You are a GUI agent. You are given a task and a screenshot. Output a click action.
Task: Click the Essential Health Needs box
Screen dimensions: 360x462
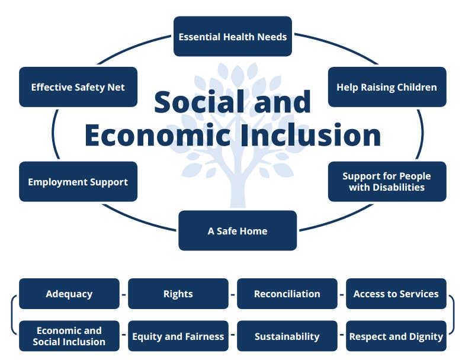tap(232, 37)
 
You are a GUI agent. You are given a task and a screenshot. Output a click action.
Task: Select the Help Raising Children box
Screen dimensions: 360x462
tap(387, 87)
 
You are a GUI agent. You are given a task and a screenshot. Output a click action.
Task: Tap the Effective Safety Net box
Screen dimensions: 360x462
tap(78, 87)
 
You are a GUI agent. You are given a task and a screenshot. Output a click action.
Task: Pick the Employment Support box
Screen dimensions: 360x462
tap(78, 182)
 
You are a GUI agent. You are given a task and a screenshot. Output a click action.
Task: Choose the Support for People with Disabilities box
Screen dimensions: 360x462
tap(387, 182)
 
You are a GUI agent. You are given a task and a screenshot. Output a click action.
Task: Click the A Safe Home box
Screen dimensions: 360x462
tap(238, 230)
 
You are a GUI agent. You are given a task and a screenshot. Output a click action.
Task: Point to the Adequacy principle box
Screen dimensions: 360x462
tap(69, 294)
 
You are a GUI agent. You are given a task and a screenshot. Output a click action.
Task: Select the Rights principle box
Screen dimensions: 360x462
tap(178, 294)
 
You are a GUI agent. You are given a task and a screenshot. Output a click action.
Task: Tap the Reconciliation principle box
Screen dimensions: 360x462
tap(287, 294)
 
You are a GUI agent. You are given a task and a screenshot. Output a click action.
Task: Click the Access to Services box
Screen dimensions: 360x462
tap(396, 294)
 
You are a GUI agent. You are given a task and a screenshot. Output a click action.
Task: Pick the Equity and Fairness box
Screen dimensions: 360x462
tap(178, 336)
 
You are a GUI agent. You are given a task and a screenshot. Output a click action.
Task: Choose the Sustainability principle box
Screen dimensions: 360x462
tap(287, 336)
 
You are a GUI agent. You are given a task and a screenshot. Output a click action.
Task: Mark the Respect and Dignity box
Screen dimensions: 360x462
tap(396, 336)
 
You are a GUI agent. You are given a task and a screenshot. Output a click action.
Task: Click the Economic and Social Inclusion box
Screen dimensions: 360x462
tap(69, 336)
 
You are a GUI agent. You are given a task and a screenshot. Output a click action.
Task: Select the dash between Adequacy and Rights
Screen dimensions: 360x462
tap(124, 294)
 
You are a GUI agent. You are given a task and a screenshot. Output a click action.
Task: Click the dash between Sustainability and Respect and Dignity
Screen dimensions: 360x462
tap(342, 336)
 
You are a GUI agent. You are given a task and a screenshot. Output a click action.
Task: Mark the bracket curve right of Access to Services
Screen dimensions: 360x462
tap(453, 314)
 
